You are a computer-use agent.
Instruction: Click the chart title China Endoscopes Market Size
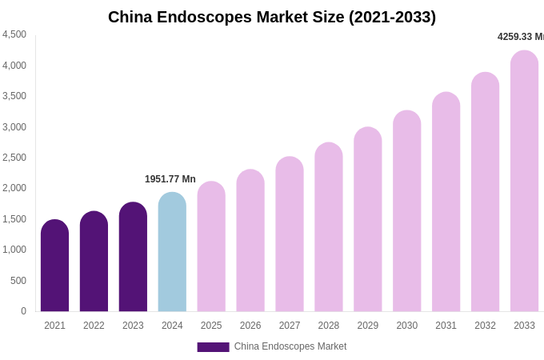[272, 17]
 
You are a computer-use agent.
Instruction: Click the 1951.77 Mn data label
[170, 179]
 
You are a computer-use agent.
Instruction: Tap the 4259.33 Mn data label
[520, 37]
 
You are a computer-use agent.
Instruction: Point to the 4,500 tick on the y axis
[14, 34]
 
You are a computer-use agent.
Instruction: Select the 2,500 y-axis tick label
[14, 158]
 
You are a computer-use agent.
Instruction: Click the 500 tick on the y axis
[18, 281]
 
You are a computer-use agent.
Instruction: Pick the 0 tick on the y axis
[23, 311]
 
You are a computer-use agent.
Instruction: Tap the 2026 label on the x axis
[250, 326]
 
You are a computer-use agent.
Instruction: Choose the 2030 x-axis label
[406, 326]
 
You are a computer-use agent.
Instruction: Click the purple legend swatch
[213, 347]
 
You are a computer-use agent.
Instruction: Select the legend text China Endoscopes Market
[290, 346]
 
